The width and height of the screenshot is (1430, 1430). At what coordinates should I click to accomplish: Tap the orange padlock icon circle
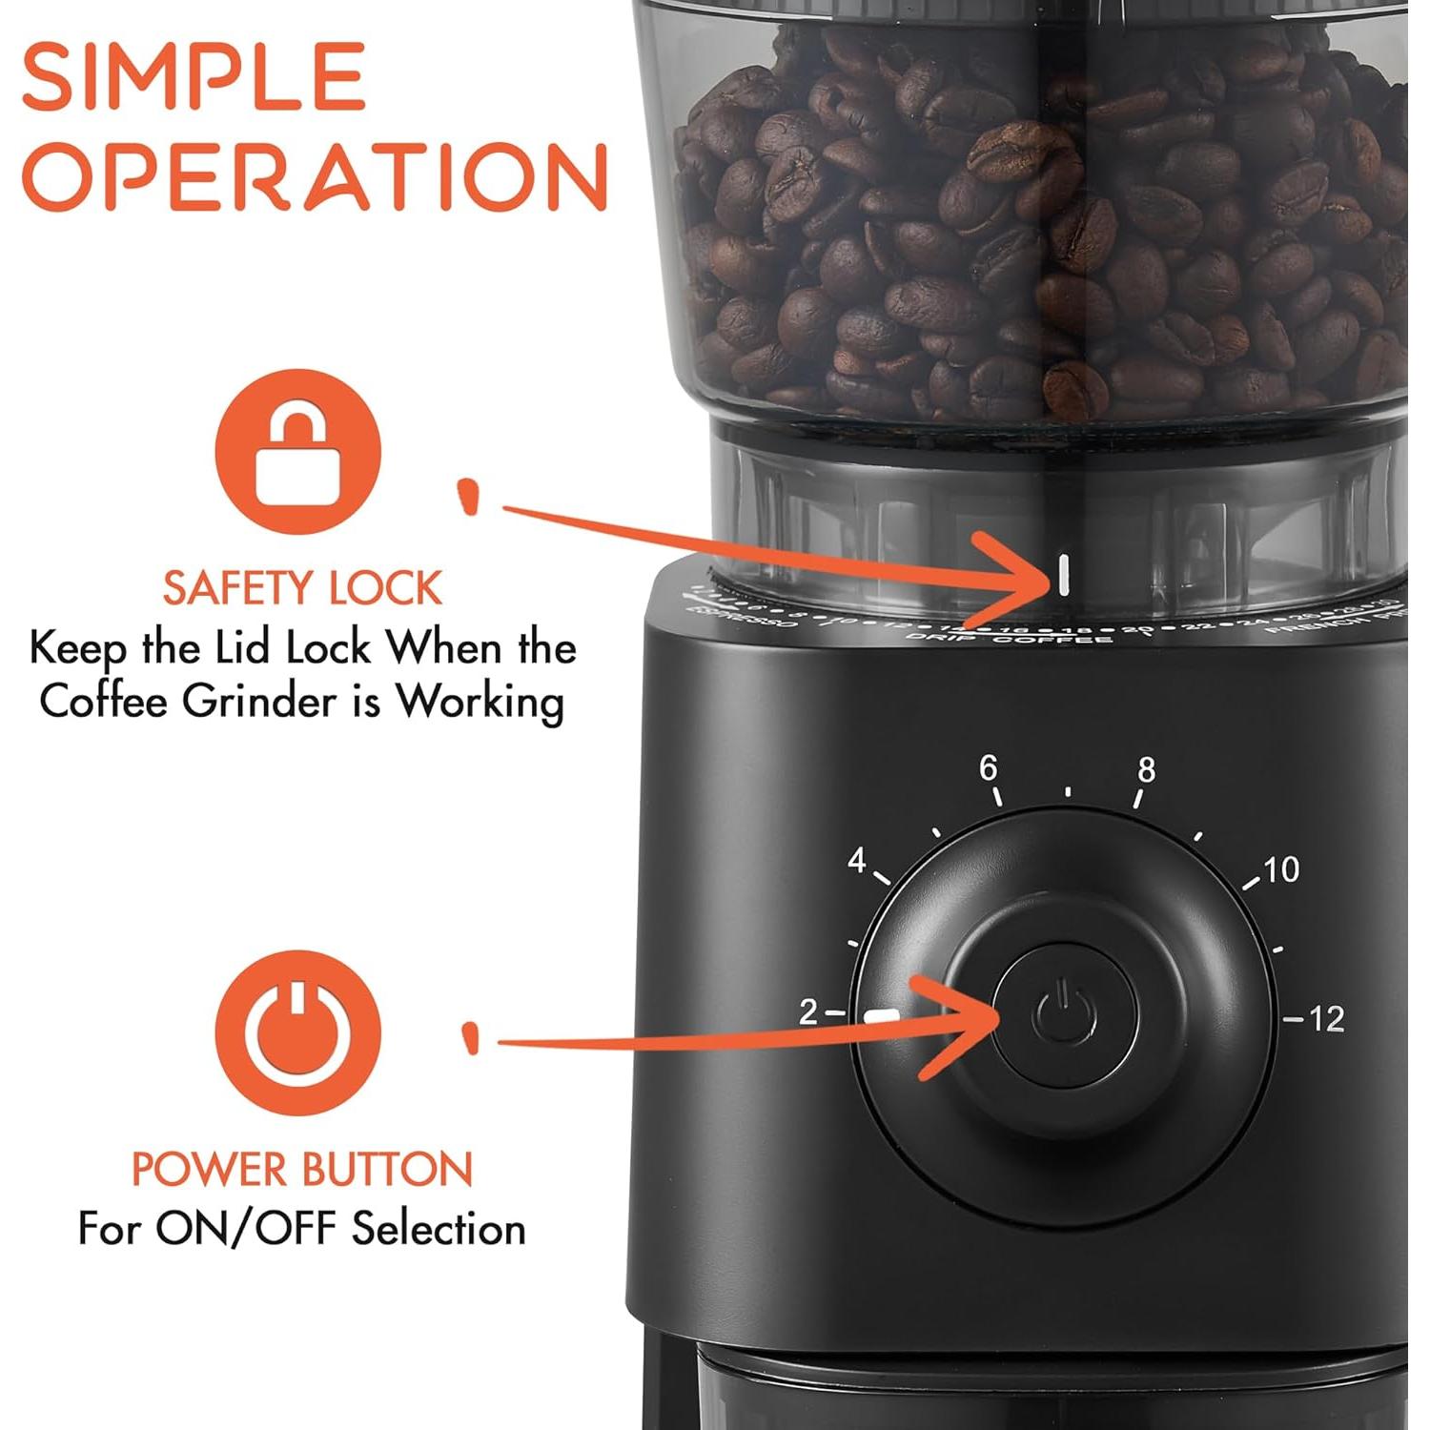[x=297, y=452]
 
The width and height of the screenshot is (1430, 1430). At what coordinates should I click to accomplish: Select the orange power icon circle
[x=297, y=1032]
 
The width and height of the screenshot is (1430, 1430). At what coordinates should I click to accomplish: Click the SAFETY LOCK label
[x=302, y=588]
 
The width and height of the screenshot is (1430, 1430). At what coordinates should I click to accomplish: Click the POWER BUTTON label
[x=302, y=1170]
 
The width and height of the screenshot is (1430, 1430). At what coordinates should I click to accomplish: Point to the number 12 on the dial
[x=1326, y=1019]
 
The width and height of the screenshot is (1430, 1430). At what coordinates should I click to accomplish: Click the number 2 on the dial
[x=808, y=1011]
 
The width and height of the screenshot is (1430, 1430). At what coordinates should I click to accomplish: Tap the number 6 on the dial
[x=989, y=767]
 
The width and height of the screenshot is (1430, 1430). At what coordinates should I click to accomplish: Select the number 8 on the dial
[x=1146, y=769]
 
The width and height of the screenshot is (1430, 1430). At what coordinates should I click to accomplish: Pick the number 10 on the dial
[x=1281, y=868]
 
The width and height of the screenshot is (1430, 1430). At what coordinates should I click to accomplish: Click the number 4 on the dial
[x=857, y=860]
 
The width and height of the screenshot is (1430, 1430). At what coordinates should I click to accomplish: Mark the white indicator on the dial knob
[x=881, y=1016]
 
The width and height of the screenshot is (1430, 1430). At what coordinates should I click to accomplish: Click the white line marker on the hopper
[x=1063, y=574]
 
